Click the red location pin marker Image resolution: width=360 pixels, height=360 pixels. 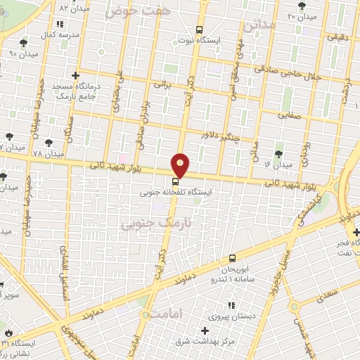pyautogui.click(x=181, y=165)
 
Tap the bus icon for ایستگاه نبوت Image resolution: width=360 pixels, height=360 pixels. pyautogui.click(x=200, y=30)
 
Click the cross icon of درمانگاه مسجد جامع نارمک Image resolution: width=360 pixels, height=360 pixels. pyautogui.click(x=75, y=75)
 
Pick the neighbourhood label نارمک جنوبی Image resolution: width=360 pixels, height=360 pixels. pyautogui.click(x=146, y=223)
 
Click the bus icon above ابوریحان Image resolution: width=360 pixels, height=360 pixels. pyautogui.click(x=233, y=259)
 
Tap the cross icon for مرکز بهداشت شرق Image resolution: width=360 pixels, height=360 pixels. pyautogui.click(x=205, y=330)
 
